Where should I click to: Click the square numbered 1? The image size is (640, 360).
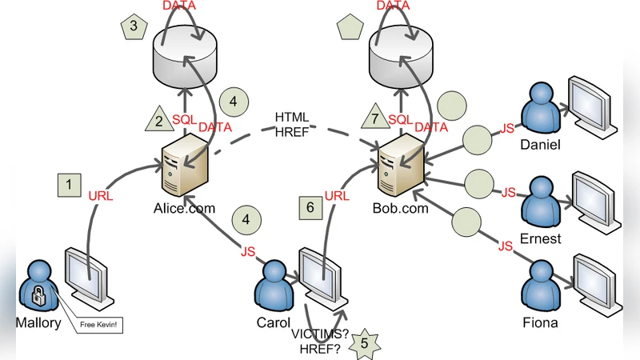pyautogui.click(x=70, y=185)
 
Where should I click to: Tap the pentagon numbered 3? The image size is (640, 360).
pyautogui.click(x=134, y=26)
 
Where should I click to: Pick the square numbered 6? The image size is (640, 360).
pyautogui.click(x=312, y=206)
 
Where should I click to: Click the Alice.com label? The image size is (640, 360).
pyautogui.click(x=184, y=208)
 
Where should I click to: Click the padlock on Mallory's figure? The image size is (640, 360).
pyautogui.click(x=37, y=298)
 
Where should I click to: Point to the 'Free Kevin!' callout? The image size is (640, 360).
pyautogui.click(x=99, y=325)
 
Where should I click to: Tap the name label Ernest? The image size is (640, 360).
pyautogui.click(x=541, y=238)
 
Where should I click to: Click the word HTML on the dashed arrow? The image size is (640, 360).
pyautogui.click(x=292, y=117)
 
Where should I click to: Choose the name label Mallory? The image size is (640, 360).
pyautogui.click(x=38, y=323)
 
